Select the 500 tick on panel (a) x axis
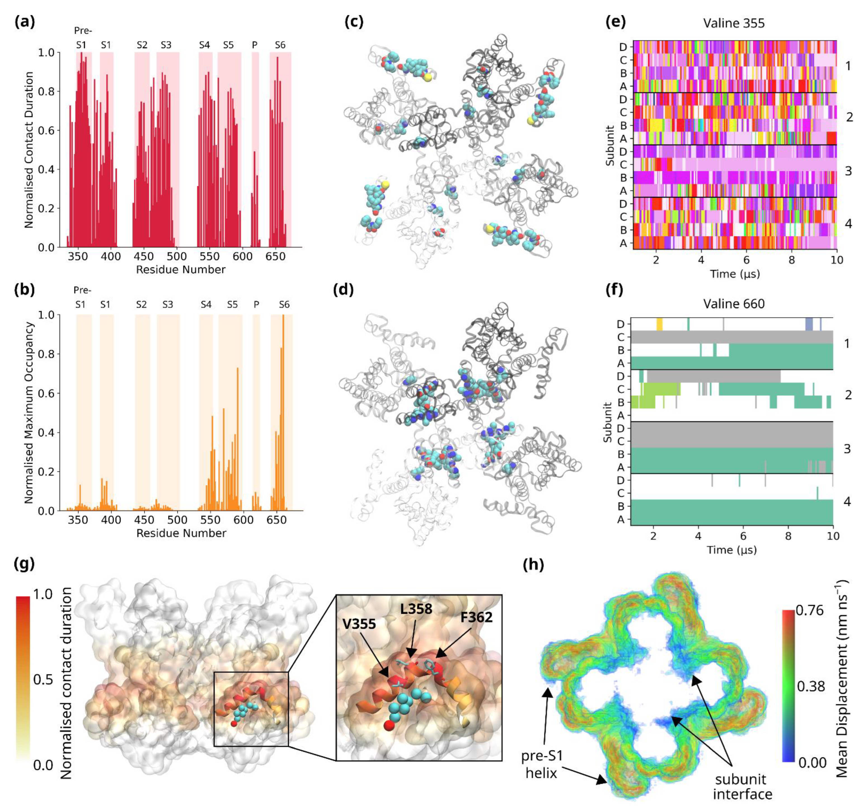click(177, 256)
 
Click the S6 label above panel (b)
click(284, 304)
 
